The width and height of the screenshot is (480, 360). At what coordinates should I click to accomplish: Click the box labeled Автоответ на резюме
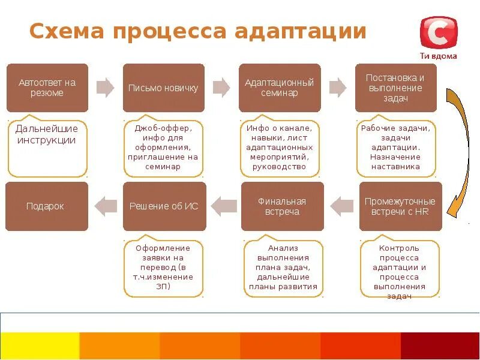tap(47, 88)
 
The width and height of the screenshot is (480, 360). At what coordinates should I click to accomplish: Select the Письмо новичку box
tap(163, 88)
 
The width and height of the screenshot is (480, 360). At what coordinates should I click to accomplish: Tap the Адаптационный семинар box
tap(280, 88)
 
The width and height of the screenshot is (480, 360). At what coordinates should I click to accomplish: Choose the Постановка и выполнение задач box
tap(396, 88)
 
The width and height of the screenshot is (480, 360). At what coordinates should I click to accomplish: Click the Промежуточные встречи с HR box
tap(400, 206)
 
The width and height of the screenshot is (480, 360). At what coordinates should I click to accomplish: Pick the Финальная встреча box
tap(282, 206)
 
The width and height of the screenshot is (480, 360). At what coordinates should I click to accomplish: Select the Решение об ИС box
tap(164, 206)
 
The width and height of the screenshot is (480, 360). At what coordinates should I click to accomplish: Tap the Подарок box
tap(46, 206)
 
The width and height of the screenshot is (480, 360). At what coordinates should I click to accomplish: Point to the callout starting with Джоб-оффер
tap(163, 148)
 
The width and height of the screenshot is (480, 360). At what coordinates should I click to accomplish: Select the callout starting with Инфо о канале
tap(280, 148)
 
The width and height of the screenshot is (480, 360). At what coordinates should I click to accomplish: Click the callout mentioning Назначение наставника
tap(396, 148)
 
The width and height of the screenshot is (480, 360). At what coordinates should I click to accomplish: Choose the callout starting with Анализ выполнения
tap(283, 268)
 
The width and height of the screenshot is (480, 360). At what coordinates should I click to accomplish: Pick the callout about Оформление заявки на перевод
tap(163, 268)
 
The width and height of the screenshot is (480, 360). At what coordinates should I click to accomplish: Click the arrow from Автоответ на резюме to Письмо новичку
tap(106, 88)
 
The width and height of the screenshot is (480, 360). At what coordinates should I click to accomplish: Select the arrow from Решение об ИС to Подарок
tap(107, 206)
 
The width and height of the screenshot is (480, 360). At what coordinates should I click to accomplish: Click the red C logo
tap(439, 34)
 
